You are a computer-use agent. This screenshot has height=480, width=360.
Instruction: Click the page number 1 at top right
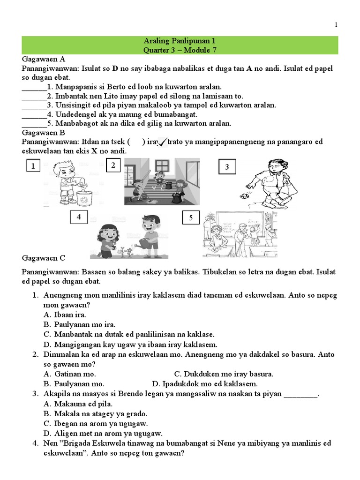[x=336, y=25]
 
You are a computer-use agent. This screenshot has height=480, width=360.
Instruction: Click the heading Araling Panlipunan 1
[x=180, y=42]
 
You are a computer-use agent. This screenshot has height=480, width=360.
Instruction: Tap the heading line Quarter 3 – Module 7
[x=180, y=50]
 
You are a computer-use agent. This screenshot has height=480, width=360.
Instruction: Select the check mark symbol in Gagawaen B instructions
[x=164, y=142]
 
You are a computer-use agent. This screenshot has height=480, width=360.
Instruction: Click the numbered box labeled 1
[x=33, y=166]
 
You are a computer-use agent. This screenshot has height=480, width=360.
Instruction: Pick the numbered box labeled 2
[x=113, y=165]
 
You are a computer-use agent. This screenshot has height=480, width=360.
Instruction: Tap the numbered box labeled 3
[x=227, y=167]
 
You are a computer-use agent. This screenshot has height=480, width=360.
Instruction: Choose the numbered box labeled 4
[x=79, y=217]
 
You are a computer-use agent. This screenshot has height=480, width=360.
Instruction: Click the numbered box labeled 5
[x=191, y=218]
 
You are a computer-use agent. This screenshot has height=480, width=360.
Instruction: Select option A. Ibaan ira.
[x=65, y=315]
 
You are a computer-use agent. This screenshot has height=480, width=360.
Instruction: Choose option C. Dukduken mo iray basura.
[x=224, y=374]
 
